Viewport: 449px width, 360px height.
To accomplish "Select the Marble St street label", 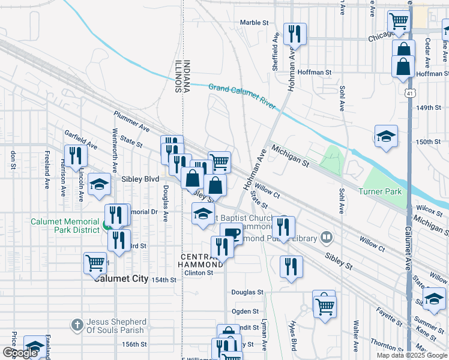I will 254,22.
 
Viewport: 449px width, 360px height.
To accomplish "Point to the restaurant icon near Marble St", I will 294,34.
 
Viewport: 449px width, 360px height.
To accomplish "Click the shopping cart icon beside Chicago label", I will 399,22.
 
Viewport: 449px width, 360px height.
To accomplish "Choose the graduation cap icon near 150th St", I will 386,136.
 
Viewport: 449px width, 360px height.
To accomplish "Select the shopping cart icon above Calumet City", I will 95,262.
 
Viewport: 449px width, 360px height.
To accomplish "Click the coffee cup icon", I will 231,233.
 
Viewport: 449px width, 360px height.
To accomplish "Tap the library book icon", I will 326,238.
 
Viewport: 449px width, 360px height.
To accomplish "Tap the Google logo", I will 20,353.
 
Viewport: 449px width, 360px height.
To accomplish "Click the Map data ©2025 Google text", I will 411,355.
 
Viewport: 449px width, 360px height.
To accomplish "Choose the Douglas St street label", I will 248,292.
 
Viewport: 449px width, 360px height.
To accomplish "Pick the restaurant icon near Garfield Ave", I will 75,155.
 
